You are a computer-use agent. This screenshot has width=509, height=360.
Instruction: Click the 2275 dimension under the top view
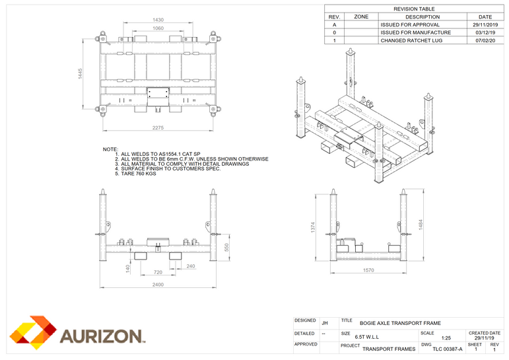158,127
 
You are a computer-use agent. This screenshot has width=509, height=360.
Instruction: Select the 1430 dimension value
158,20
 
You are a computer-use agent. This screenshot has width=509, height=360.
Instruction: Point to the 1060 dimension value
158,28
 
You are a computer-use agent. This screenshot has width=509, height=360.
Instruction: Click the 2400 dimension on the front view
158,285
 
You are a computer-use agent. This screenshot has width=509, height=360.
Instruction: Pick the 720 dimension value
158,271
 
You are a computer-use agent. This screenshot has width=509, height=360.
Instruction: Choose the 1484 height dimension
420,226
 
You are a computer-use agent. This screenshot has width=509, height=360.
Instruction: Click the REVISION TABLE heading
414,9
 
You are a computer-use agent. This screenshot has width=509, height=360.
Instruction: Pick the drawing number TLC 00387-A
442,349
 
